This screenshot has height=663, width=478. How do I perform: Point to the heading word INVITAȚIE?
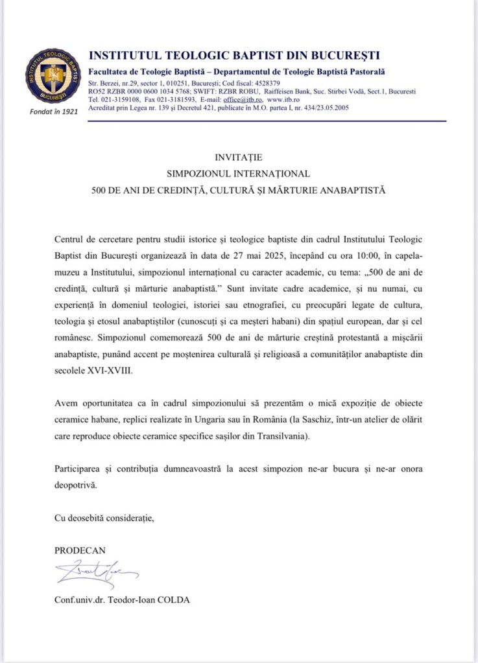pyautogui.click(x=239, y=157)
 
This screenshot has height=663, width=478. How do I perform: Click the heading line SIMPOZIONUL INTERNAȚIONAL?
pyautogui.click(x=239, y=174)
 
